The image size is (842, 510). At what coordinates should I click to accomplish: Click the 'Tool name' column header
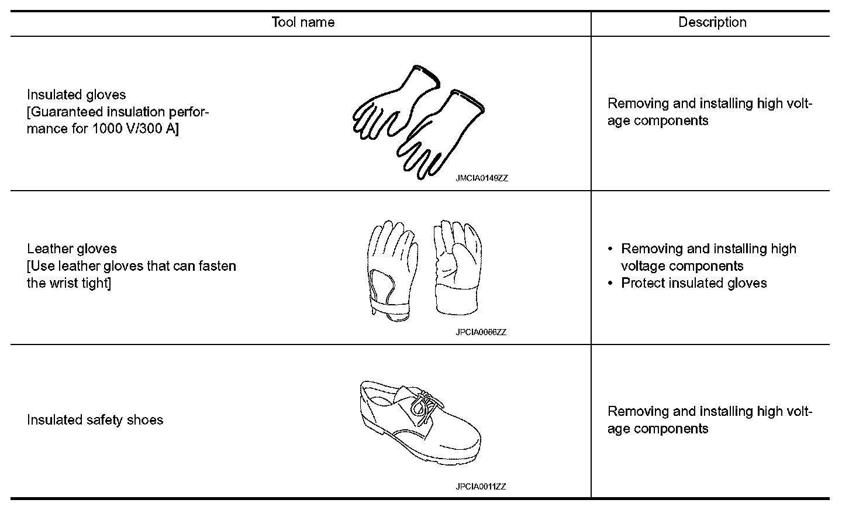303,22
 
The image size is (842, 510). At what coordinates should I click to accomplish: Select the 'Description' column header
712,22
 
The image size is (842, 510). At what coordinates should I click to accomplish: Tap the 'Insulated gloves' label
76,95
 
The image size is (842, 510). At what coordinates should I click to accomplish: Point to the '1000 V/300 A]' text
135,129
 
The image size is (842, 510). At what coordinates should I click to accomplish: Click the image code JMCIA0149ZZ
482,178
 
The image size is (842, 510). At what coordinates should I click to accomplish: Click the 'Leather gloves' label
72,249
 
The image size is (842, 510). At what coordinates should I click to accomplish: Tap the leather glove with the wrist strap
391,266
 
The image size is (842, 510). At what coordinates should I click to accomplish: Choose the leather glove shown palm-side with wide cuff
457,266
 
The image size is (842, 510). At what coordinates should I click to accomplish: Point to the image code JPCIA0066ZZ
481,332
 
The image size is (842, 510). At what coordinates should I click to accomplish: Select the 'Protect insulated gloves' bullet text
693,283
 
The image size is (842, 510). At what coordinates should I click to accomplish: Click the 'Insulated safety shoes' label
95,420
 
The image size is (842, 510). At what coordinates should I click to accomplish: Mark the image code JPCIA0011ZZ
481,487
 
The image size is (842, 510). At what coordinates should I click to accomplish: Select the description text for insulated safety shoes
710,420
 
